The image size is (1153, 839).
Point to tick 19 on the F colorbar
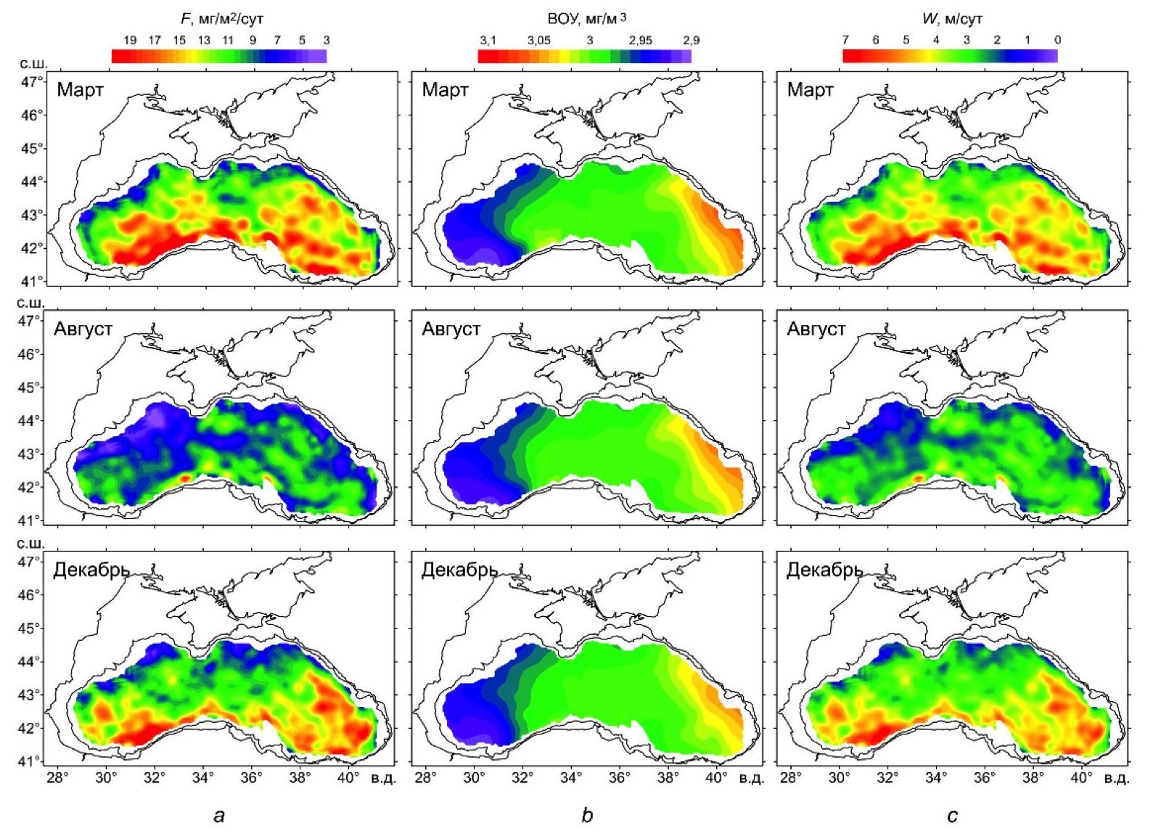pos(130,41)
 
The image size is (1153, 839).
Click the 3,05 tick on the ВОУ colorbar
pos(538,41)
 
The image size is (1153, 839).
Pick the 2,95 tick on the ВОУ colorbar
pos(641,41)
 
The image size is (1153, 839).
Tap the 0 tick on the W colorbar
pos(1057,41)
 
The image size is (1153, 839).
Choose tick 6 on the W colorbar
pos(876,41)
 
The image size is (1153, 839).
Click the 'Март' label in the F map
pos(80,91)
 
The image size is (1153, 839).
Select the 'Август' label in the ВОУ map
pos(451,329)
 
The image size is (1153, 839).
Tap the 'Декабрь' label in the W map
pos(824,570)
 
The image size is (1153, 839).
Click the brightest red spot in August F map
pos(184,478)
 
